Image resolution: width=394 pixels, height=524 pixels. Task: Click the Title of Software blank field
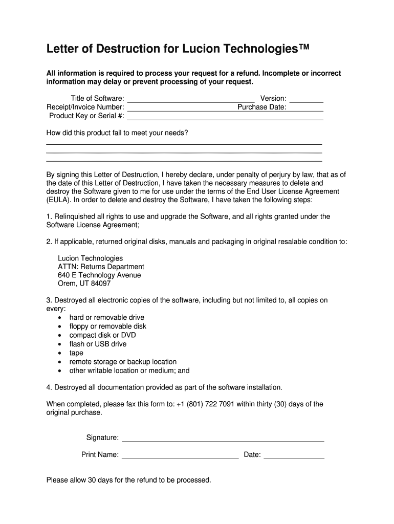(190, 99)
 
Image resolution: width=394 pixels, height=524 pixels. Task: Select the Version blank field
(307, 99)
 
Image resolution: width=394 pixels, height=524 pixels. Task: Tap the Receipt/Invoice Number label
(85, 107)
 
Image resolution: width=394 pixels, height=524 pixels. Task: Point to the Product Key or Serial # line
(225, 117)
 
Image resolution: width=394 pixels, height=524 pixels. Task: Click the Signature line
(223, 438)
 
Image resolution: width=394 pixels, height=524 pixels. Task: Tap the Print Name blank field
(180, 455)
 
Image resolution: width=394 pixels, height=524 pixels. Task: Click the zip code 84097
(100, 283)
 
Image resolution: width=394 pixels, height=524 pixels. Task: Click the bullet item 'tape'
(76, 353)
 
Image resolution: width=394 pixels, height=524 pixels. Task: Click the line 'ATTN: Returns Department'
(101, 267)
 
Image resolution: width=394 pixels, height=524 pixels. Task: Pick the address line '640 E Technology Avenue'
(99, 275)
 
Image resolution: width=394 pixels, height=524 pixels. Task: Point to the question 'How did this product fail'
(117, 133)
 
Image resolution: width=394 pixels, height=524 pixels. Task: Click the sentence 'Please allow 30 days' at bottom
(128, 480)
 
